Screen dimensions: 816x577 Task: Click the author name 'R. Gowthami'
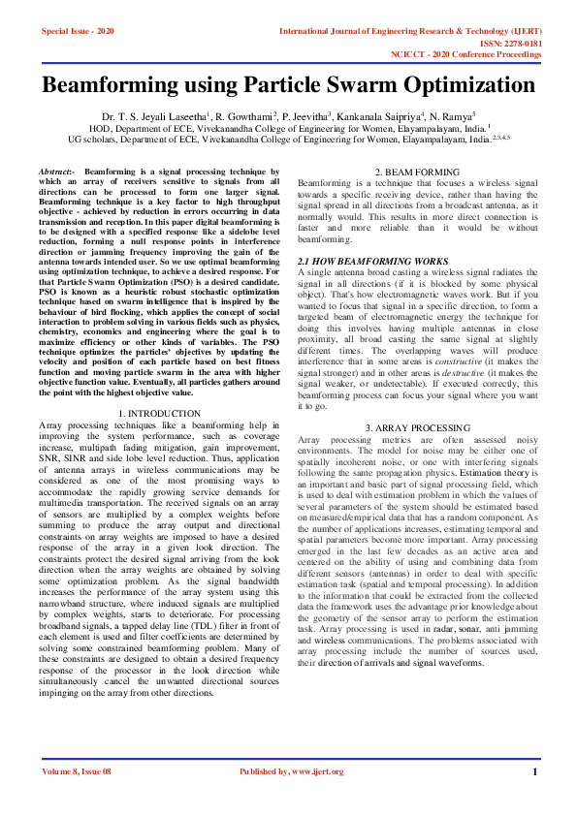tap(242, 115)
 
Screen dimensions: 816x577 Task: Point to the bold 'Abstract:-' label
tap(59, 171)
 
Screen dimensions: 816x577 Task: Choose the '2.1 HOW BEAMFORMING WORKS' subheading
tap(372, 262)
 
